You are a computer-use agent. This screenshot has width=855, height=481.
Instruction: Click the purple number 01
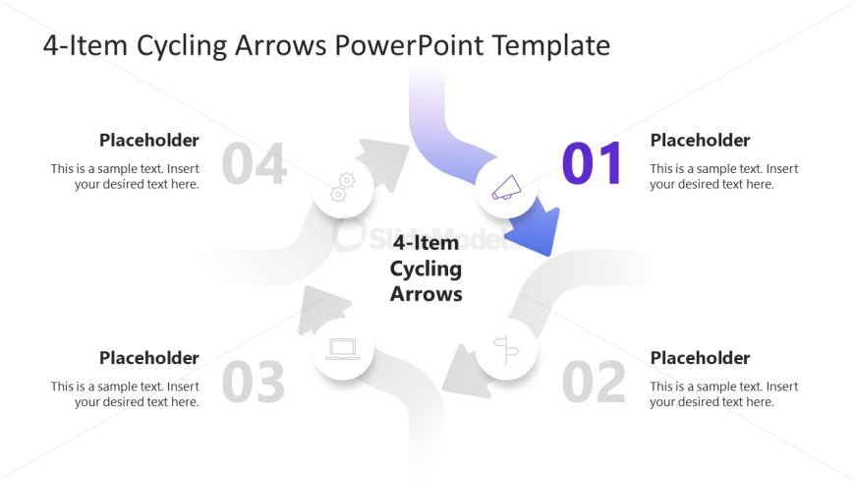click(593, 164)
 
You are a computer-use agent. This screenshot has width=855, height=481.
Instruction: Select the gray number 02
click(594, 383)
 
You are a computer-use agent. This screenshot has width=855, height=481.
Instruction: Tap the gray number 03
click(254, 383)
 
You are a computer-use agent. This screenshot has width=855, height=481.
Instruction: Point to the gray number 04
click(255, 164)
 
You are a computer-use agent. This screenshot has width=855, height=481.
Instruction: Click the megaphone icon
click(506, 188)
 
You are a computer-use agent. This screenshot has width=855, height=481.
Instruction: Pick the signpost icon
click(506, 348)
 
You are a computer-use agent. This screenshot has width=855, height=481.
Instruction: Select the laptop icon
click(342, 349)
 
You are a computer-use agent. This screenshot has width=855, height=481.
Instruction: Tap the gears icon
click(342, 188)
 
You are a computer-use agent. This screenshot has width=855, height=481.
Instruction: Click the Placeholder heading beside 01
click(700, 141)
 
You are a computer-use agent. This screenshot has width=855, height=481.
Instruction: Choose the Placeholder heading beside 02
click(700, 358)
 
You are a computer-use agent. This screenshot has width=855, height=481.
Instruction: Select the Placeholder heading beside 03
click(149, 358)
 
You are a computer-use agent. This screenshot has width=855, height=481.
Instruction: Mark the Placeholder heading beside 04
click(149, 141)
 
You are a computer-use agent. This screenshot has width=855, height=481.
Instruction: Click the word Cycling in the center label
click(426, 269)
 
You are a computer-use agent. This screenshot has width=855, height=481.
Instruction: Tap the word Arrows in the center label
click(426, 293)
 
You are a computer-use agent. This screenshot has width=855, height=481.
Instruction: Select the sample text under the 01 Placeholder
click(723, 176)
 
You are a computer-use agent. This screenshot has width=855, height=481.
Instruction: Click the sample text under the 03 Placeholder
click(125, 393)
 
